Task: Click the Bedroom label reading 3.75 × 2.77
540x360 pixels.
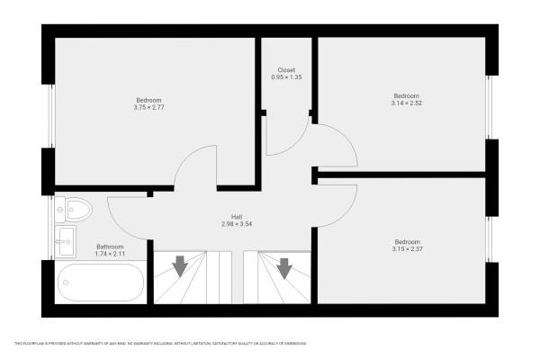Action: point(149,103)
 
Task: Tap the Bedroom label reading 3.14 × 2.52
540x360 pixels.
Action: point(406,100)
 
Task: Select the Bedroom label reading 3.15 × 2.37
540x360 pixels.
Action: point(406,245)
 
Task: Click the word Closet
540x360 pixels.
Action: point(286,70)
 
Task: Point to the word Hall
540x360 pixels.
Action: point(237,217)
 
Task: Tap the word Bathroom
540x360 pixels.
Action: point(110,247)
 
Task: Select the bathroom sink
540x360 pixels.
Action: point(66,238)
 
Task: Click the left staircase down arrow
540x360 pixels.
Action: point(180,266)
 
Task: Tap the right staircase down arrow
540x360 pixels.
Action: point(285,267)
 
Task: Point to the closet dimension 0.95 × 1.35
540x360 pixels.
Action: point(286,78)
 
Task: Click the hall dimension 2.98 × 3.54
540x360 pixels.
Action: point(237,224)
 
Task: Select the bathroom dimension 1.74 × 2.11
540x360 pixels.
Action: point(110,254)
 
